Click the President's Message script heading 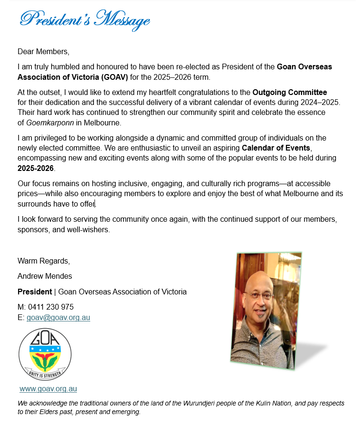85,20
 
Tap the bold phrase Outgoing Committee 290,92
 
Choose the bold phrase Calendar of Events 276,148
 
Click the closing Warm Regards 44,261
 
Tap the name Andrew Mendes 45,276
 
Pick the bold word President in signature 35,292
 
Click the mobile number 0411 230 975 50,307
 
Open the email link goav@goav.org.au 58,317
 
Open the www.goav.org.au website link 48,389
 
